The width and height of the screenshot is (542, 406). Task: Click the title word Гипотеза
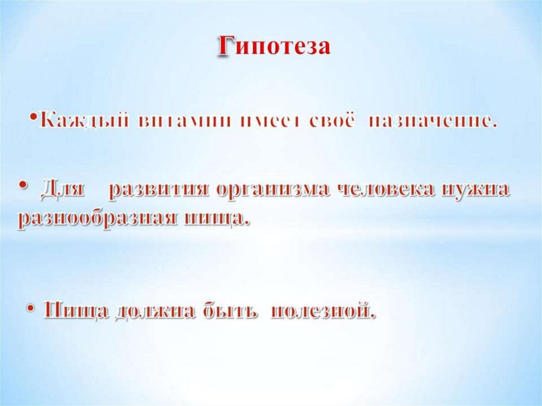tap(274, 47)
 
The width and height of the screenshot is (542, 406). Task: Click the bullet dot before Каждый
tap(33, 119)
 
